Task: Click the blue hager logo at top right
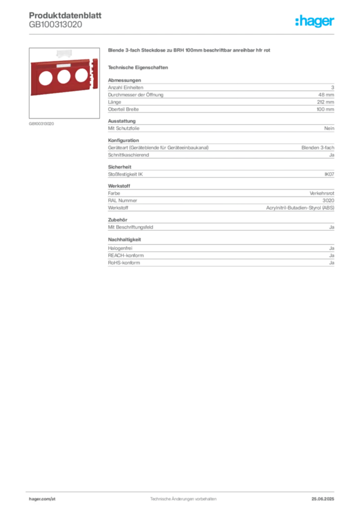click(x=315, y=22)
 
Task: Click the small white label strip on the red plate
click(x=64, y=65)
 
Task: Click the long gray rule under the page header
click(x=182, y=34)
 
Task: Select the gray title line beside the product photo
click(x=190, y=51)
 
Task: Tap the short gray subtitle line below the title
click(x=139, y=67)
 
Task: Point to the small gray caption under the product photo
click(x=42, y=123)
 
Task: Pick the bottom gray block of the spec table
click(x=220, y=260)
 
